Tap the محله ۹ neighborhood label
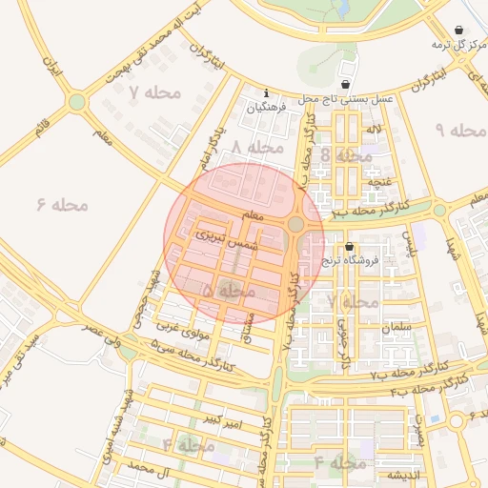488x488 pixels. (x=455, y=129)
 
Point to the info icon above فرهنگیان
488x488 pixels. (x=265, y=93)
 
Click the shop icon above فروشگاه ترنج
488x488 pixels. (x=349, y=245)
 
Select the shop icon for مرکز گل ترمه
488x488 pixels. (x=460, y=30)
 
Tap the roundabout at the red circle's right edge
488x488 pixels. (x=296, y=224)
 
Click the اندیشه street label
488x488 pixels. (x=402, y=475)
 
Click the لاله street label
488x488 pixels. (x=375, y=128)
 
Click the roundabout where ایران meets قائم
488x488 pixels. (x=76, y=101)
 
